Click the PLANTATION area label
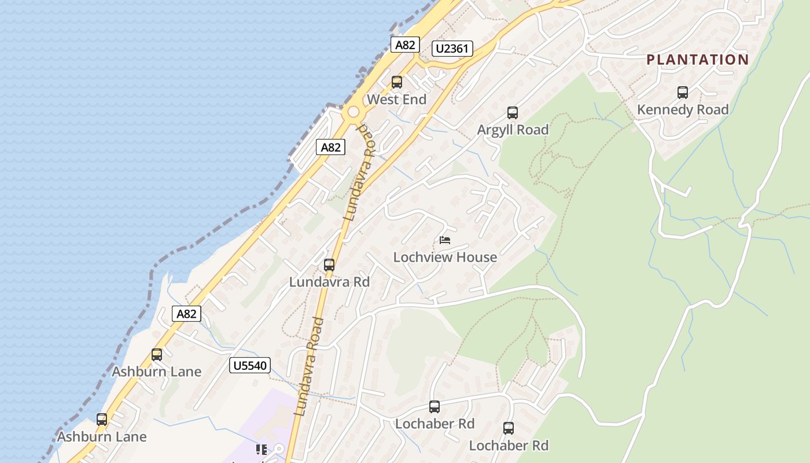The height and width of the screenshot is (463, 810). coord(697,60)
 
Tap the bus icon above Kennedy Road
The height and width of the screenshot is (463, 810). coord(683,93)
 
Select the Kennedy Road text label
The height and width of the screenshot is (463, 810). coord(683,109)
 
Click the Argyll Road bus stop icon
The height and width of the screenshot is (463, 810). coord(513,113)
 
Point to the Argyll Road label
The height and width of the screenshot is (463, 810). coord(513,130)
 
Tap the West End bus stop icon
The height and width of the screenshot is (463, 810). coord(397,82)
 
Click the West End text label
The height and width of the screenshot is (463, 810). coord(397,100)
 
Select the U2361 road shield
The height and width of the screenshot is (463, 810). coord(452,49)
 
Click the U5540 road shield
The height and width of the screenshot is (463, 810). coord(250,365)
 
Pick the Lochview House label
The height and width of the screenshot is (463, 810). coord(445,257)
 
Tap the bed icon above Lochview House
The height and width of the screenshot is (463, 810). coord(445,240)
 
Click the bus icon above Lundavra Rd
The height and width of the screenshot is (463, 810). coord(329,265)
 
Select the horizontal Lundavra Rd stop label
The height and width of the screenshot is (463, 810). coord(329,282)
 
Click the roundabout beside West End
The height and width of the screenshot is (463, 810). coord(353,113)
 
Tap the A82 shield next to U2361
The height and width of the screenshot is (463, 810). coord(404,45)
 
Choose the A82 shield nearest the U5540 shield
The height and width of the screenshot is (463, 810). coord(186,314)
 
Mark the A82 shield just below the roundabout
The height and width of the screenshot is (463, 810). coord(331,148)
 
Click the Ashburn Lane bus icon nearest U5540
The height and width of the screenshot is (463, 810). coord(157,355)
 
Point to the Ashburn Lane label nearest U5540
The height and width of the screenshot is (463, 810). coord(157,372)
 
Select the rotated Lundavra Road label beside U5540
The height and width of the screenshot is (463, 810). coord(307,367)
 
